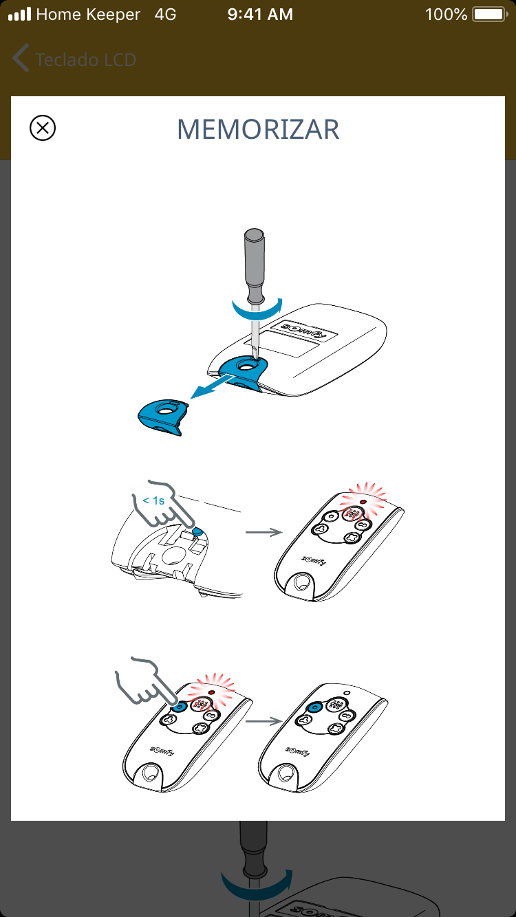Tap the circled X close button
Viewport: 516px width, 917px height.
coord(43,128)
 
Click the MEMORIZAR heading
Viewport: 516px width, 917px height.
coord(258,130)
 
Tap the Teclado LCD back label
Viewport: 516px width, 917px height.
coord(86,60)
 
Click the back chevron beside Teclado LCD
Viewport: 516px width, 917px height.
coord(21,58)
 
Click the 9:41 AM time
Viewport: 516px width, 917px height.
coord(260,14)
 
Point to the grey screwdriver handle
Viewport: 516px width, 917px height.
coord(254,266)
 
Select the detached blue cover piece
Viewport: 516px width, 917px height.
coord(163,417)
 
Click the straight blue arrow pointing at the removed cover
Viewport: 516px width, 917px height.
coord(212,387)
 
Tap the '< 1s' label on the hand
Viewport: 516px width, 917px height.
coord(153,500)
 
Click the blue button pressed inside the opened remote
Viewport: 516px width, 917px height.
coord(197,531)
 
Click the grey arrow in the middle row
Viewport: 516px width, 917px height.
coord(264,532)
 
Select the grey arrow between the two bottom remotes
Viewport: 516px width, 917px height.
coord(264,721)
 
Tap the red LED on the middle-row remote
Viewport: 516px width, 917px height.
coord(363,502)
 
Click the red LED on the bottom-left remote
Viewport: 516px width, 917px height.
coord(211,692)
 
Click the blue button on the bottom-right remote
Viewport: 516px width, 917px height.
coord(315,707)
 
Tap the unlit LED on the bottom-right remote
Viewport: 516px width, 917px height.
coord(347,693)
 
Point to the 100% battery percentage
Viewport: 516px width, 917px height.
coord(447,14)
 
